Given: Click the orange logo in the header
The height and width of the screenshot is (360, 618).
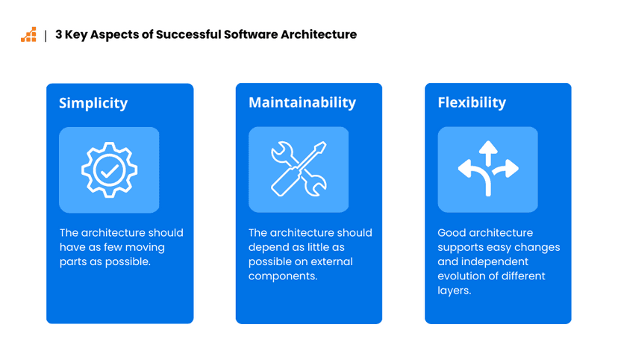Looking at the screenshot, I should click(x=28, y=34).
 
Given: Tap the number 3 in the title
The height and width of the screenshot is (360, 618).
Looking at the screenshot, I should click(x=59, y=34).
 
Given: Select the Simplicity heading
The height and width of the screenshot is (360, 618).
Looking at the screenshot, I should click(x=93, y=103).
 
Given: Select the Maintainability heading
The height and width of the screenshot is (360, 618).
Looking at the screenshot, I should click(x=302, y=102).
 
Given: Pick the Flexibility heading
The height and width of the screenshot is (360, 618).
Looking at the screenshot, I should click(x=472, y=102).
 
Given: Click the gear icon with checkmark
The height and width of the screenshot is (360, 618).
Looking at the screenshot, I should click(x=109, y=170).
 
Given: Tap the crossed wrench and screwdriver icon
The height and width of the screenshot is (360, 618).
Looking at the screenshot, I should click(x=299, y=170).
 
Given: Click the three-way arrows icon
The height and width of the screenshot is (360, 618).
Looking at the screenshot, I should click(x=488, y=170).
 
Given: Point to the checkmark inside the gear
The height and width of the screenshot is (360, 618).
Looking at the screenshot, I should click(x=110, y=170).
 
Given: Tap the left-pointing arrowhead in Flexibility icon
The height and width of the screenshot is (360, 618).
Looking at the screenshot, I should click(x=464, y=170).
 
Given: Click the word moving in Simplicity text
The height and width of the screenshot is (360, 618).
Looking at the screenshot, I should click(x=146, y=247).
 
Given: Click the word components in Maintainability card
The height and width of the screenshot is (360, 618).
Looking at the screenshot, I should click(x=283, y=276).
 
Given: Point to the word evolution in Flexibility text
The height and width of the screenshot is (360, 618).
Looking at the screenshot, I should click(x=463, y=276).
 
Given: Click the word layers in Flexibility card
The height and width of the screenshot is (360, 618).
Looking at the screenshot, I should click(x=454, y=291).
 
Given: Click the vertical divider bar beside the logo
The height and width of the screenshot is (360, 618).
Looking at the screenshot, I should click(x=46, y=35).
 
